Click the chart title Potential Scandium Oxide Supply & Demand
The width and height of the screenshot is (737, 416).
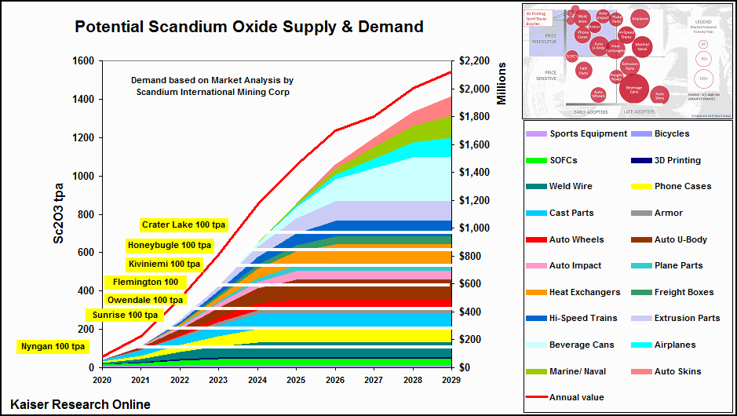(249, 27)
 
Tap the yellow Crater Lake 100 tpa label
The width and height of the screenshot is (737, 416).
(184, 225)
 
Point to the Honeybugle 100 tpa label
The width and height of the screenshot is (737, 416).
(170, 246)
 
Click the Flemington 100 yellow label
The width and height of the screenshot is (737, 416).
(145, 283)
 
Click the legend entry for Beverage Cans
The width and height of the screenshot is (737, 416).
(582, 345)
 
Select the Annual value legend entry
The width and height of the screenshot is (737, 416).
(577, 398)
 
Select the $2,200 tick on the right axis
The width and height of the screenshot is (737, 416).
(476, 62)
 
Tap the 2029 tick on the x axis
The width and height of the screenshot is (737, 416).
(451, 380)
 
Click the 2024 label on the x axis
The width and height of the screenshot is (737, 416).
(257, 380)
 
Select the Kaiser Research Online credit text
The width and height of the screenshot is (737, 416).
(81, 404)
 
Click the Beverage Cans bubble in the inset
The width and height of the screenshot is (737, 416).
(634, 88)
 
